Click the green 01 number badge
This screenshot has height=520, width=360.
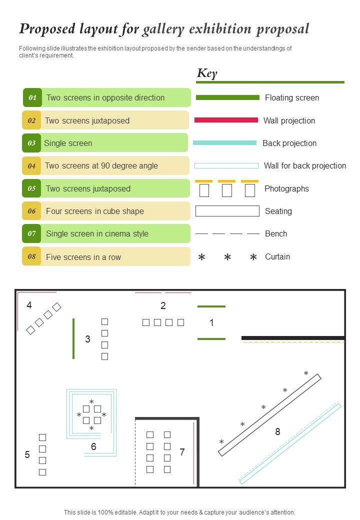pyautogui.click(x=32, y=97)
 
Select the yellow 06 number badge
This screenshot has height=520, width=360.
pyautogui.click(x=31, y=211)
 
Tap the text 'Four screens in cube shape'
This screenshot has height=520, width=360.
pyautogui.click(x=95, y=211)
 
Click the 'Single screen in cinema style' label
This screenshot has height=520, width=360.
pyautogui.click(x=97, y=234)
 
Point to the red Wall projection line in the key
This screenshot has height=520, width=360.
pyautogui.click(x=226, y=120)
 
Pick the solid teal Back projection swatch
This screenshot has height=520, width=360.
pyautogui.click(x=225, y=143)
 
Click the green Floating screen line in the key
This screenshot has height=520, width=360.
pyautogui.click(x=227, y=97)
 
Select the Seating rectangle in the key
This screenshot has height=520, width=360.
pyautogui.click(x=227, y=211)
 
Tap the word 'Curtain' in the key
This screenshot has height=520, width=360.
pyautogui.click(x=277, y=256)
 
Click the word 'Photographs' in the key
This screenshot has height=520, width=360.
pyautogui.click(x=286, y=188)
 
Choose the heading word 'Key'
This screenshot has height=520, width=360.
pyautogui.click(x=207, y=73)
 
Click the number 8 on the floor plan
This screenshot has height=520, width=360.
pyautogui.click(x=278, y=431)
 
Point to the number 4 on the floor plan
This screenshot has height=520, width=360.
pyautogui.click(x=29, y=305)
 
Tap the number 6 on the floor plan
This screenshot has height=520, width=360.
pyautogui.click(x=93, y=446)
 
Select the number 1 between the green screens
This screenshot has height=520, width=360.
pyautogui.click(x=211, y=322)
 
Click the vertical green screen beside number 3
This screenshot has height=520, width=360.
pyautogui.click(x=73, y=338)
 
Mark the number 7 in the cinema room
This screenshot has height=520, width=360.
pyautogui.click(x=182, y=452)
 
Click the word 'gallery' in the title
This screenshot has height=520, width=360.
pyautogui.click(x=163, y=29)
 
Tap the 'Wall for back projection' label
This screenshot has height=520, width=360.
pyautogui.click(x=305, y=166)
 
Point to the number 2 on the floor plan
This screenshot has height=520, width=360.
pyautogui.click(x=163, y=305)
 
